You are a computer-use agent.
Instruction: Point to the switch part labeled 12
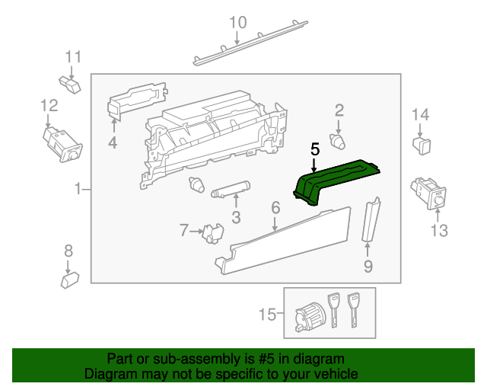tap(61, 142)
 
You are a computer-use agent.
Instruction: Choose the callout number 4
tap(113, 142)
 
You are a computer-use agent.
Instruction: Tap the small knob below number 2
tap(338, 141)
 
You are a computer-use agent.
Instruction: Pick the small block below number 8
tap(70, 280)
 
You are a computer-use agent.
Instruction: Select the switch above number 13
tap(431, 193)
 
